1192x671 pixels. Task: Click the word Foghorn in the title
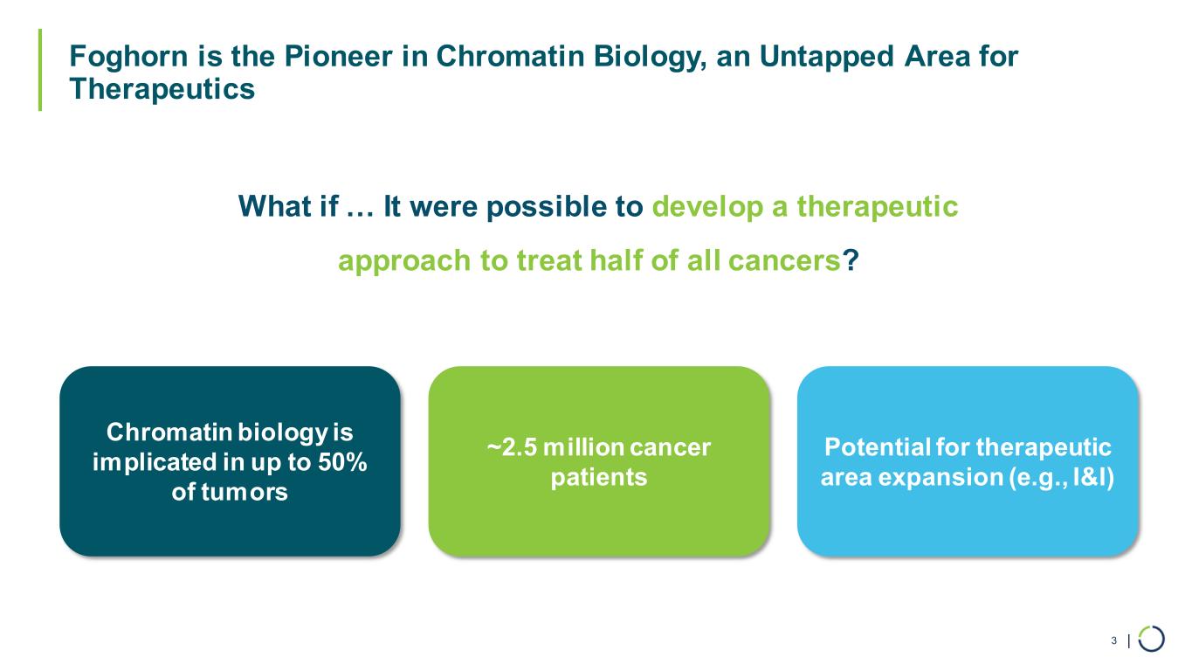coord(128,58)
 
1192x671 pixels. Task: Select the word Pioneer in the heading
coord(338,56)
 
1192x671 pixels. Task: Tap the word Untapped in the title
coord(826,58)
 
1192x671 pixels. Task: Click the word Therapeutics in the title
coord(162,89)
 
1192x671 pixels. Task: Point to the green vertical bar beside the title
coord(40,70)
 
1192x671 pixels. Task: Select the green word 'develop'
coord(707,207)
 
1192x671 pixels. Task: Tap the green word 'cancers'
coord(784,261)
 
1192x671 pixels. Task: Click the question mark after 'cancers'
coord(851,259)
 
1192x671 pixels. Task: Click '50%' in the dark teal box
coord(342,462)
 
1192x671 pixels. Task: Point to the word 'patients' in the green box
coord(599,477)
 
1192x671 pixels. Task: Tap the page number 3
coord(1113,640)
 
